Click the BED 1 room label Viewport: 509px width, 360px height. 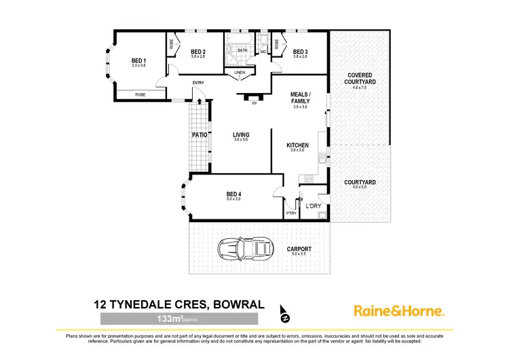pyautogui.click(x=138, y=60)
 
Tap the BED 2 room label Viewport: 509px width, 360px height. pyautogui.click(x=197, y=52)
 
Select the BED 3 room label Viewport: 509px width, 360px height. pyautogui.click(x=300, y=52)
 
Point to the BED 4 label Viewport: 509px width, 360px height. pyautogui.click(x=233, y=196)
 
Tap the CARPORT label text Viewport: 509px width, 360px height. pyautogui.click(x=299, y=249)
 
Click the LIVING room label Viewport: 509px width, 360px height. pyautogui.click(x=241, y=135)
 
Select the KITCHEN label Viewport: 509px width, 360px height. pyautogui.click(x=298, y=145)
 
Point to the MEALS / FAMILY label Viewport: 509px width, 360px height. pyautogui.click(x=300, y=97)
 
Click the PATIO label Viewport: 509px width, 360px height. pyautogui.click(x=200, y=135)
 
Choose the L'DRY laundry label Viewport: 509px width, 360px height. pyautogui.click(x=314, y=206)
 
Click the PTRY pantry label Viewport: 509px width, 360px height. pyautogui.click(x=292, y=213)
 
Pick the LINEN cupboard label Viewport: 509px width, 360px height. pyautogui.click(x=239, y=72)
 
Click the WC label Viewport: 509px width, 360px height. pyautogui.click(x=263, y=52)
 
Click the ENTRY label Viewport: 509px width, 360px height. pyautogui.click(x=198, y=83)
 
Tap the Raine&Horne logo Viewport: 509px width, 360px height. pyautogui.click(x=398, y=311)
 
